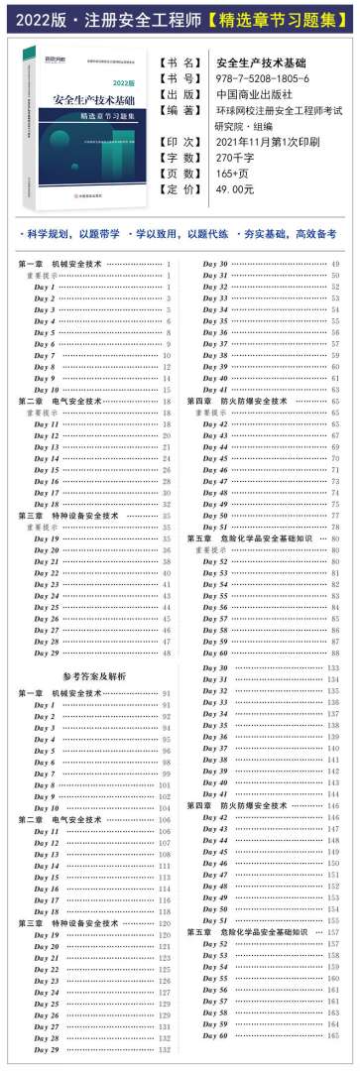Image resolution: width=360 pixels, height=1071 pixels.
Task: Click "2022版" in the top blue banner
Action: (x=40, y=18)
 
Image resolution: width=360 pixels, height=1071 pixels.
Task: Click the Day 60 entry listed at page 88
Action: (x=216, y=653)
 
